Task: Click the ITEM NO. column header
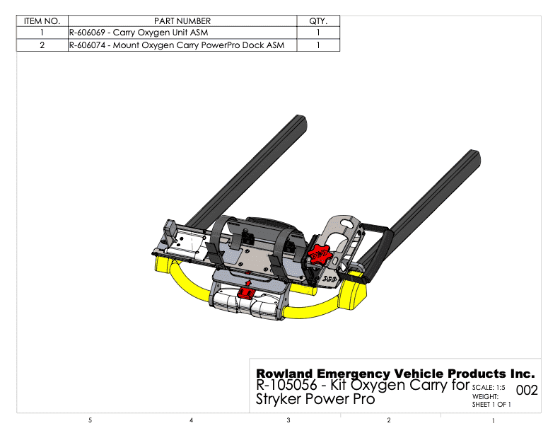[x=42, y=21]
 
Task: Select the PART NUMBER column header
[x=182, y=21]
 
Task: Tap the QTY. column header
[x=318, y=21]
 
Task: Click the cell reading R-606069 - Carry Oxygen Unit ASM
[x=139, y=33]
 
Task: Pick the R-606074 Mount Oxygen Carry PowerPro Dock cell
[x=177, y=45]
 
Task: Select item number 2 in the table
[x=42, y=45]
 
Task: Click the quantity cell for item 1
[x=318, y=33]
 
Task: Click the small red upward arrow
[x=249, y=284]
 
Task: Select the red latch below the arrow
[x=246, y=294]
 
